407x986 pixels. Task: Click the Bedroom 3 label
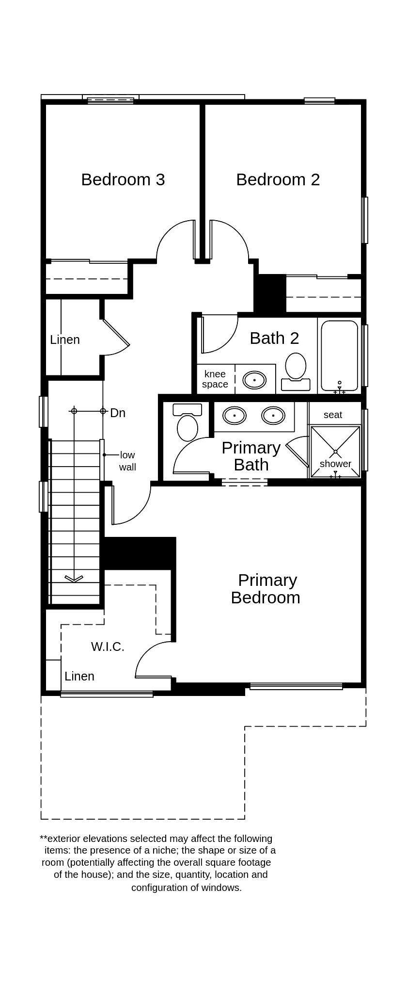[123, 179]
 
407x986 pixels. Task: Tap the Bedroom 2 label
[278, 179]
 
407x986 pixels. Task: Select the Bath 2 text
[274, 338]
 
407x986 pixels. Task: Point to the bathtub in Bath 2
[339, 356]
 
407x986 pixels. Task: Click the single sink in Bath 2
[254, 380]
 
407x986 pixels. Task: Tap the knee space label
[215, 379]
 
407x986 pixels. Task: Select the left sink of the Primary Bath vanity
[234, 416]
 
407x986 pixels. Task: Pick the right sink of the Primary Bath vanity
[273, 416]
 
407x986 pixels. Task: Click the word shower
[335, 464]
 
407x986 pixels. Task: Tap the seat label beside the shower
[332, 415]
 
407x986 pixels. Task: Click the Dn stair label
[118, 413]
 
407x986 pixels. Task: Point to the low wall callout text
[127, 461]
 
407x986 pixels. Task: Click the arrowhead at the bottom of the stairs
[74, 579]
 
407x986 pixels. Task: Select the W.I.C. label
[108, 647]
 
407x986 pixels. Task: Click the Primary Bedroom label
[266, 588]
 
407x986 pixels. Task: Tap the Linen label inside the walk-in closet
[79, 676]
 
